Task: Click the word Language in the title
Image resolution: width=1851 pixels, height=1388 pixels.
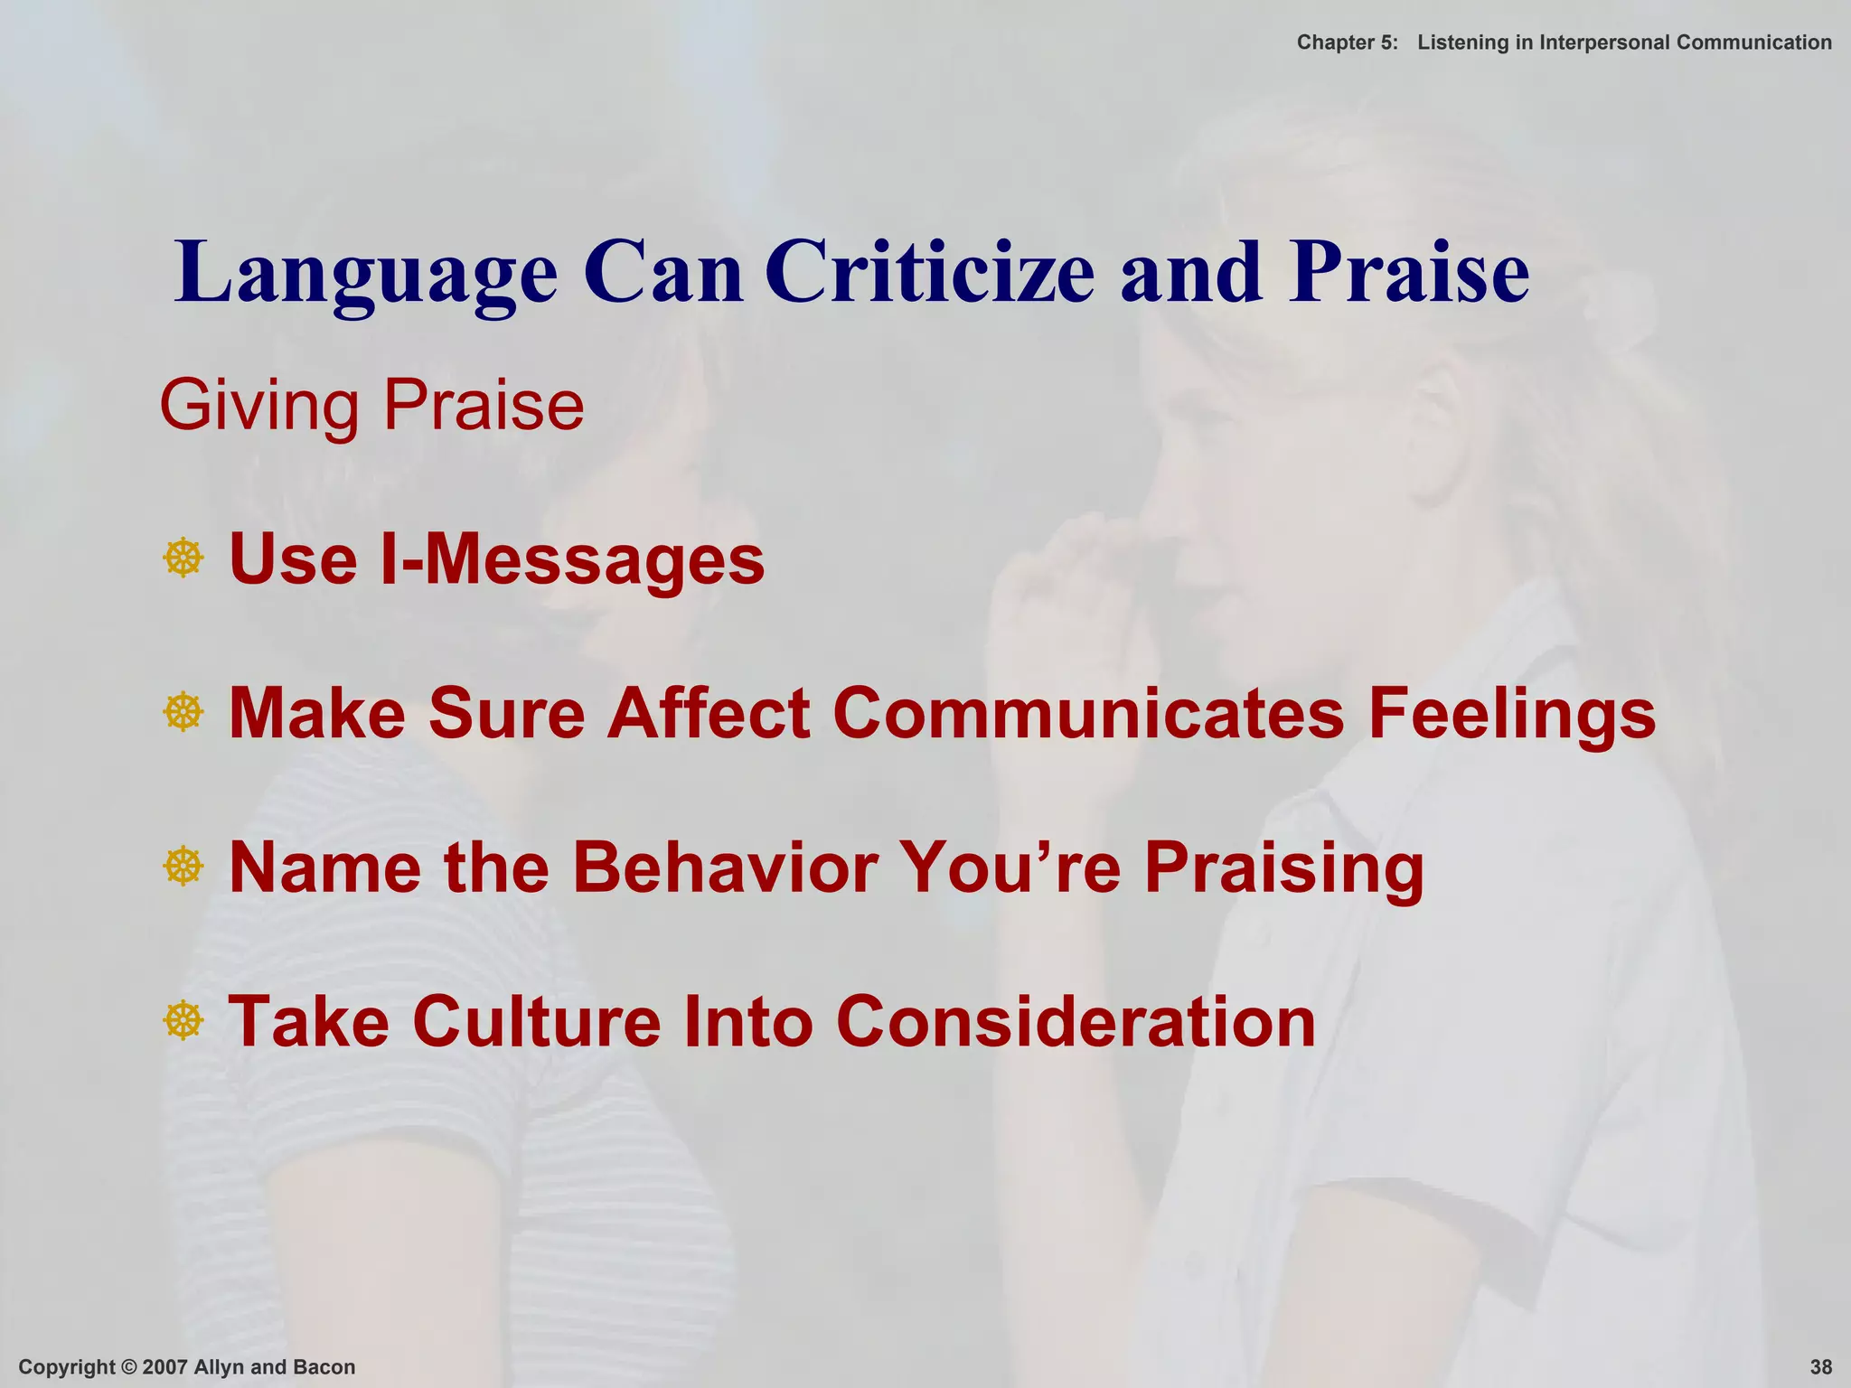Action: coord(366,274)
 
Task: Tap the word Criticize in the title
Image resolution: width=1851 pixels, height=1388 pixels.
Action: coord(930,272)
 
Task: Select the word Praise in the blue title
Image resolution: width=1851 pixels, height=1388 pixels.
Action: coord(1409,272)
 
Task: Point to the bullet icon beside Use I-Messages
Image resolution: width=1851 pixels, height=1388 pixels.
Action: coord(183,558)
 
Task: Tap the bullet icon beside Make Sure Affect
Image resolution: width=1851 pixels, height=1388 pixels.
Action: coord(183,713)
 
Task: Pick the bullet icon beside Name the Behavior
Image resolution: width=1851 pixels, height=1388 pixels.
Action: coord(183,867)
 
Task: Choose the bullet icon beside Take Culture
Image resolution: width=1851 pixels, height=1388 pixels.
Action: coord(183,1021)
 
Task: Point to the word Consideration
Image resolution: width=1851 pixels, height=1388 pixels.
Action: coord(1076,1022)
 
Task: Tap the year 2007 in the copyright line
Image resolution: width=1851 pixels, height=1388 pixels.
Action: coord(165,1367)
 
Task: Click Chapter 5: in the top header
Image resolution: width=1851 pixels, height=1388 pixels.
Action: coord(1347,42)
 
